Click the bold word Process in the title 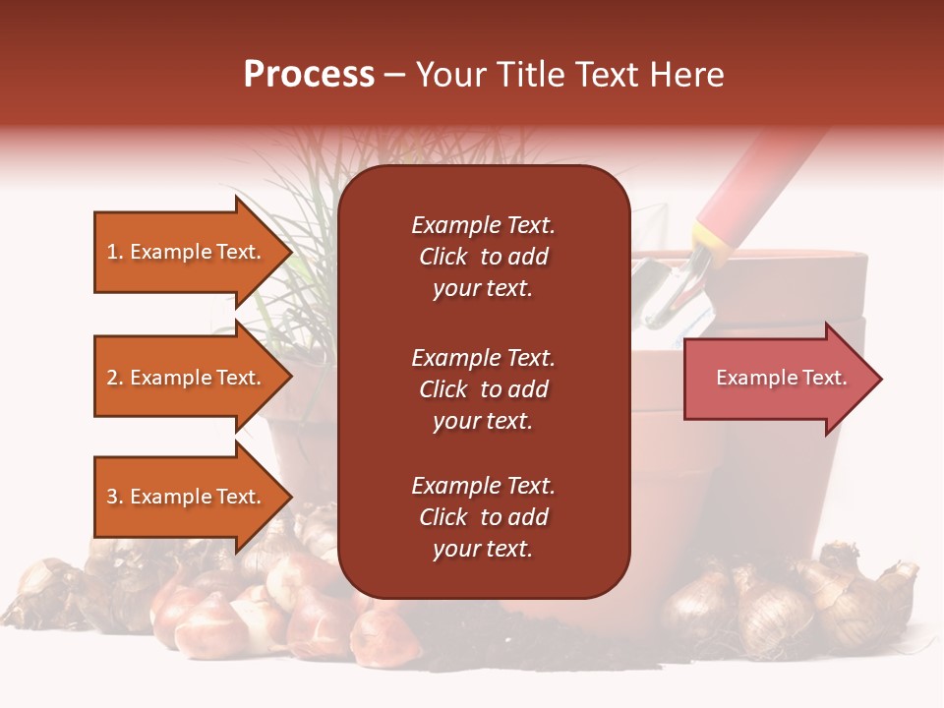tap(309, 75)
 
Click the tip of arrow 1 tap(290, 252)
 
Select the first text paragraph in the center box tap(483, 257)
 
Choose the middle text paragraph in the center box tap(483, 389)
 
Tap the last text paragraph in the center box tap(483, 517)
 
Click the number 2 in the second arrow tap(112, 378)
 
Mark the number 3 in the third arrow tap(112, 497)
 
